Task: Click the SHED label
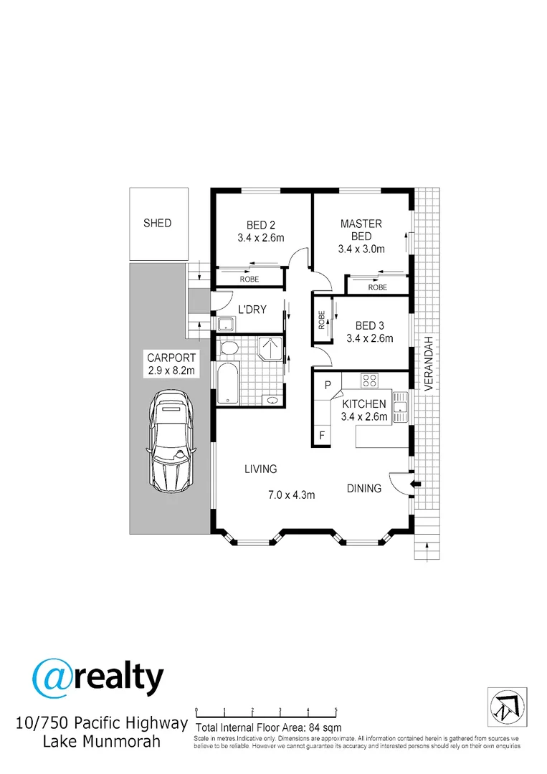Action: click(x=158, y=223)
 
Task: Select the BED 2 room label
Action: click(x=261, y=225)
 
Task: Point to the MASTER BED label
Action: click(x=361, y=230)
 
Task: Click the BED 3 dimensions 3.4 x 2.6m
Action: click(x=370, y=338)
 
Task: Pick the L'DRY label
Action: click(x=252, y=310)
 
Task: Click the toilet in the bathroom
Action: click(x=227, y=348)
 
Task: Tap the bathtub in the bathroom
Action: click(x=227, y=383)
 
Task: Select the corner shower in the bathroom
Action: click(x=270, y=349)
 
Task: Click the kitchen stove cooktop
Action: click(x=369, y=380)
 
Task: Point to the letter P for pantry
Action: click(x=328, y=385)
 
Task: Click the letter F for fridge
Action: click(x=322, y=436)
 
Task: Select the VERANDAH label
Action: click(x=429, y=363)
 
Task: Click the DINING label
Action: click(x=364, y=489)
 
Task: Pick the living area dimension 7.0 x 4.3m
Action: click(x=292, y=494)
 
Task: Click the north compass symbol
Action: click(x=507, y=707)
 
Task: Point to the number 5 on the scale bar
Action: click(x=336, y=710)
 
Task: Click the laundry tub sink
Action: click(x=227, y=325)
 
